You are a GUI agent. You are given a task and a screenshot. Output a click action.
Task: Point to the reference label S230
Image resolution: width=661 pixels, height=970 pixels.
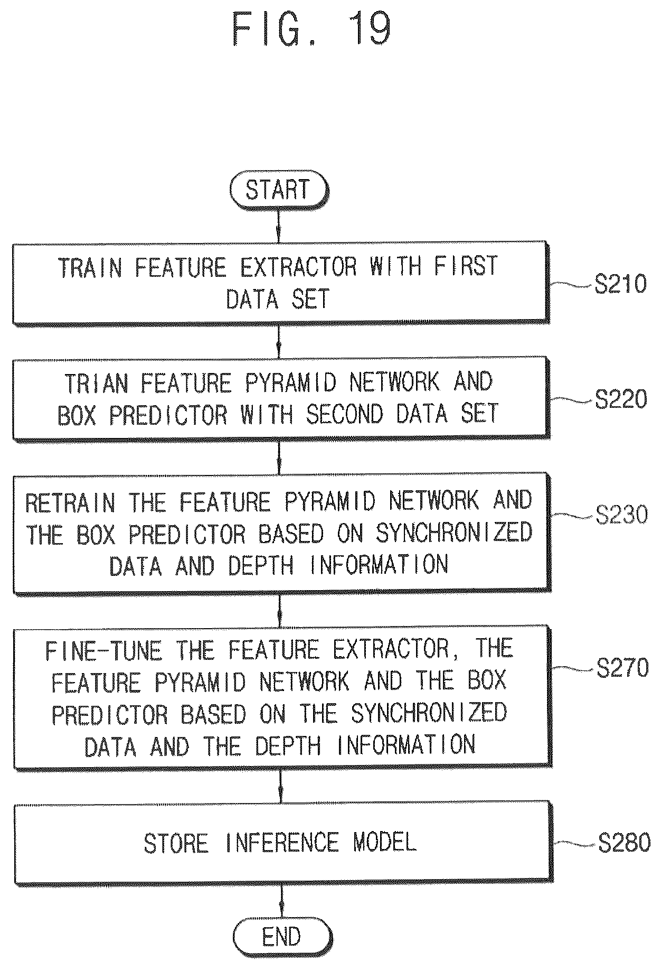(x=621, y=514)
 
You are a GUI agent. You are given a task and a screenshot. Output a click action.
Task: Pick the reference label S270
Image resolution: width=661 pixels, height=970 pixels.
(x=622, y=668)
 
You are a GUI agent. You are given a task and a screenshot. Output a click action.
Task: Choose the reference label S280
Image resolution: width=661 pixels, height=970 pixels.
(x=624, y=843)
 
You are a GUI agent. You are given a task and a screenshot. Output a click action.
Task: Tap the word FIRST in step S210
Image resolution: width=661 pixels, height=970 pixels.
(x=466, y=266)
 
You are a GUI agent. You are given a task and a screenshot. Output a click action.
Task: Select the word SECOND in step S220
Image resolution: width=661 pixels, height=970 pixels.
(x=345, y=414)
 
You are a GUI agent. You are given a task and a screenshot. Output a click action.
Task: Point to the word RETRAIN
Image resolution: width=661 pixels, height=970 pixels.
(x=70, y=502)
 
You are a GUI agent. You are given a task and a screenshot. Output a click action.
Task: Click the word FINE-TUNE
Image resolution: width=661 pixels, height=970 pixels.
(x=103, y=650)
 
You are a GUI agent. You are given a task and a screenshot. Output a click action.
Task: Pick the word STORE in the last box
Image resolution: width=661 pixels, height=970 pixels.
(x=176, y=843)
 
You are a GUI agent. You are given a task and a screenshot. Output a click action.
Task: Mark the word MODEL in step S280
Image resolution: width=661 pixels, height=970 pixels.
(x=385, y=842)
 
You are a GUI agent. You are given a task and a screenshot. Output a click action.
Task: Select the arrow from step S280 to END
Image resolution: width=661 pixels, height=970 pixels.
(x=281, y=902)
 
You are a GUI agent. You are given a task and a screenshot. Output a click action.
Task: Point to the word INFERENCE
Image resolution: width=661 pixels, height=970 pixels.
(x=281, y=842)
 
